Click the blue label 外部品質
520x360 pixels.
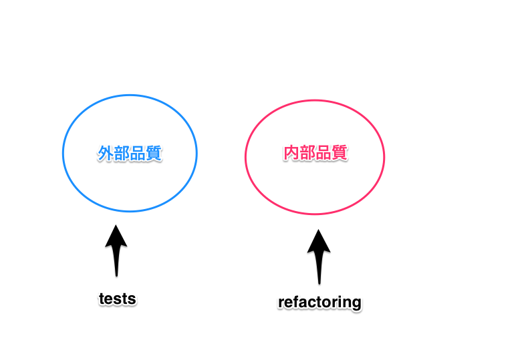click(x=130, y=154)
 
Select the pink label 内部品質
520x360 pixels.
click(x=315, y=153)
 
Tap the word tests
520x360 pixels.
click(x=117, y=299)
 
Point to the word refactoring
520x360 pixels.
click(x=319, y=303)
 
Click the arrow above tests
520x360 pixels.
click(x=116, y=250)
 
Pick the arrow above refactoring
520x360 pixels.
click(x=319, y=256)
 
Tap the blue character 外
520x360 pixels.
click(x=106, y=154)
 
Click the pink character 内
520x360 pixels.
click(x=291, y=153)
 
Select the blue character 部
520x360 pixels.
click(x=122, y=154)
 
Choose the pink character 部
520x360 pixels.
click(x=307, y=153)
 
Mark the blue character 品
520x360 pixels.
click(x=138, y=154)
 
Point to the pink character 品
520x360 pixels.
click(x=323, y=153)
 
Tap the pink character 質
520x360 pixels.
click(x=340, y=153)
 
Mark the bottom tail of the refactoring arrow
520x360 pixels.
click(x=319, y=281)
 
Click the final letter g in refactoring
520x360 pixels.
click(x=356, y=304)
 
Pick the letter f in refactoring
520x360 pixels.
click(x=297, y=302)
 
